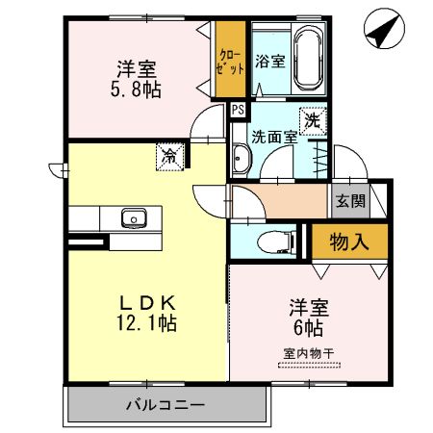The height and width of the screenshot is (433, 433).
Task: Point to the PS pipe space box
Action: tap(237, 110)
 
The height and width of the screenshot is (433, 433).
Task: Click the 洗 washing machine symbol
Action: tap(313, 121)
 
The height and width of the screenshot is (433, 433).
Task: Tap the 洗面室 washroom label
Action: tap(275, 137)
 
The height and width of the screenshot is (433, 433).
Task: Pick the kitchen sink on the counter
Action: tap(133, 217)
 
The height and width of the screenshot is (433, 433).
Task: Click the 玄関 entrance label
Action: tap(349, 200)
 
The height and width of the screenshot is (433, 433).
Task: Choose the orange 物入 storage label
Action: tap(349, 241)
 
